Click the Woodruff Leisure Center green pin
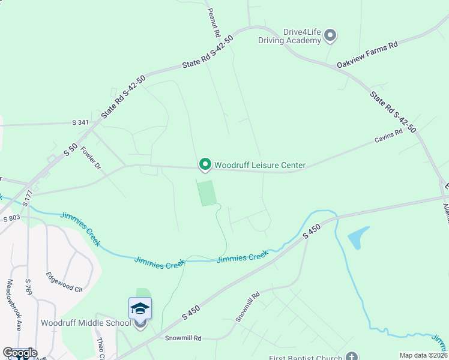205,164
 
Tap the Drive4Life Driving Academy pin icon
330,36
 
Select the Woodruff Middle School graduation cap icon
140,309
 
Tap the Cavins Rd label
388,137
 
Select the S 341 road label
80,122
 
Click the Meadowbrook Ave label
14,305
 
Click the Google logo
20,353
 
